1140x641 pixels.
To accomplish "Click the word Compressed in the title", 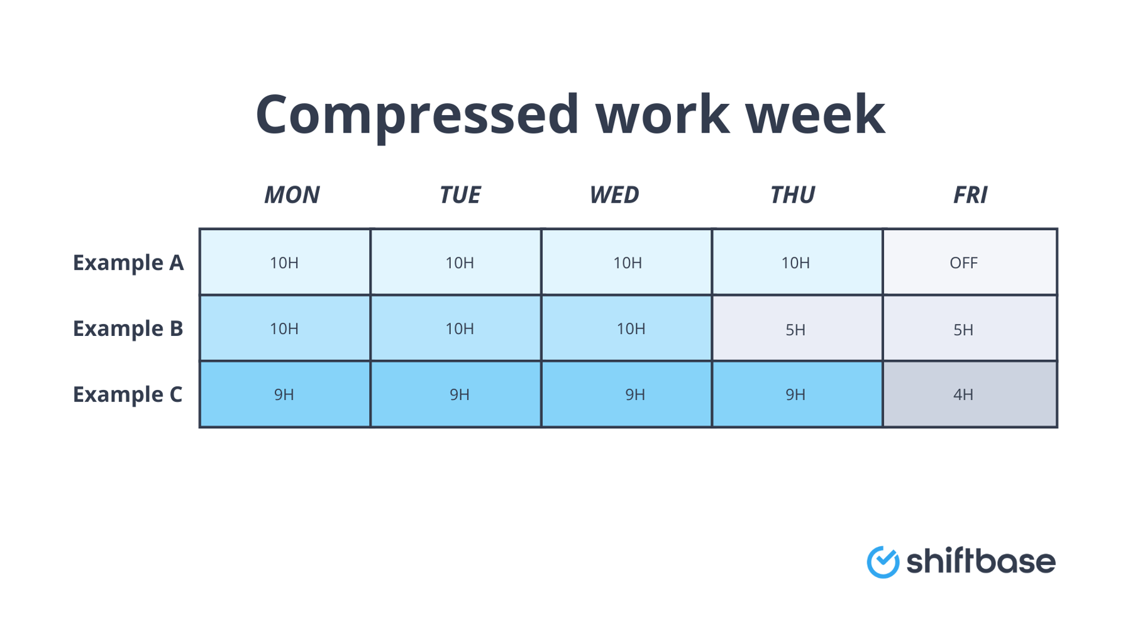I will click(417, 114).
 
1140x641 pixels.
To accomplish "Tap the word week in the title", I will click(815, 114).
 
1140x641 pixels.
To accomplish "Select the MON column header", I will click(292, 195).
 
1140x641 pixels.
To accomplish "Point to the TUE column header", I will click(460, 195).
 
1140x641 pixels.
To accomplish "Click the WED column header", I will click(614, 195).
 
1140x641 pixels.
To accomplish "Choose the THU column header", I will click(792, 195).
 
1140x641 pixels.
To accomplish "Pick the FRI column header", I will click(970, 195).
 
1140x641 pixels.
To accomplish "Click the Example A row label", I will click(128, 262).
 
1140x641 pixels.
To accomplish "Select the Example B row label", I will click(128, 328).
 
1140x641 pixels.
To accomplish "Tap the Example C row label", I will click(128, 394).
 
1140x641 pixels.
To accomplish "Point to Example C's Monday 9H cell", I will click(285, 394).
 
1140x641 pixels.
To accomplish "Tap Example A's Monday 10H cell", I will click(285, 262).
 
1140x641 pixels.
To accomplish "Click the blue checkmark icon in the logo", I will click(883, 562).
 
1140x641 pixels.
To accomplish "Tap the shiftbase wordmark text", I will click(981, 560).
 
